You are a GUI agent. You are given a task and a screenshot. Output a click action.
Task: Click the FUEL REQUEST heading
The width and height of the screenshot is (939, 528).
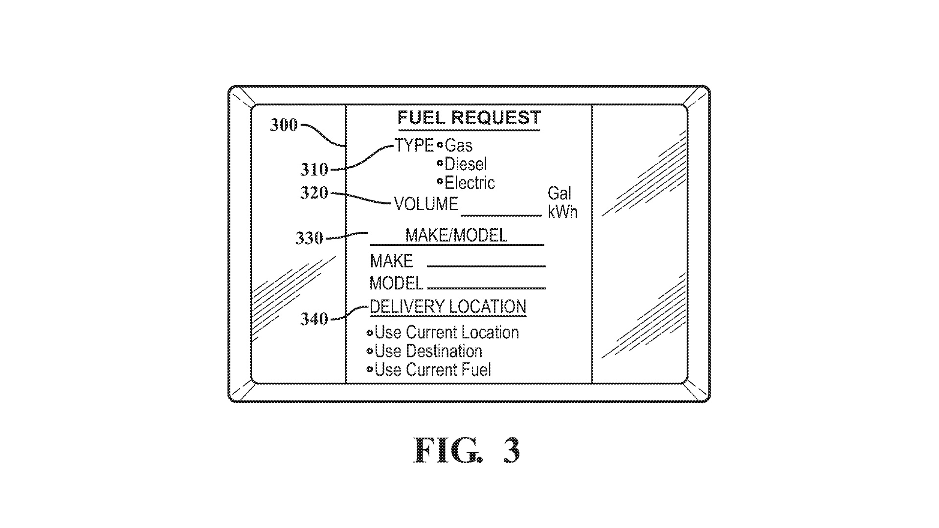point(469,118)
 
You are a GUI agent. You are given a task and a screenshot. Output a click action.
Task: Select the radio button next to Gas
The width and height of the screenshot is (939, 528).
point(440,145)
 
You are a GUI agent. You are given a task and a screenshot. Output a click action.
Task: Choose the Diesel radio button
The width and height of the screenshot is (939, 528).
point(440,163)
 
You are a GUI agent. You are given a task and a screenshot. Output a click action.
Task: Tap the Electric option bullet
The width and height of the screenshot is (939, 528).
point(440,182)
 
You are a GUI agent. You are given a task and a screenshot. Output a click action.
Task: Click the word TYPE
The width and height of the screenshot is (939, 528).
point(414,145)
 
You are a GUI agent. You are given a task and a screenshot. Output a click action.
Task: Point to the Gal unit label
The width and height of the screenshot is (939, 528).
point(559,194)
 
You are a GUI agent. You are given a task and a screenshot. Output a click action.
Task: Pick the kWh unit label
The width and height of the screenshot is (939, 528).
point(562,212)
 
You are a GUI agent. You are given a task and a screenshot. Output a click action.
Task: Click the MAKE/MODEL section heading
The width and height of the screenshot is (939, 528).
point(456,236)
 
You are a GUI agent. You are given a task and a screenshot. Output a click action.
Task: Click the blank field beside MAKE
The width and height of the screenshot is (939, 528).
point(486,263)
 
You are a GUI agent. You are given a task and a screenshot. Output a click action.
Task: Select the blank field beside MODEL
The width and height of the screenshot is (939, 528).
point(486,284)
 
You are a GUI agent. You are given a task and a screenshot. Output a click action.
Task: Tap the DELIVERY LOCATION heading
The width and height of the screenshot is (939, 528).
point(447,307)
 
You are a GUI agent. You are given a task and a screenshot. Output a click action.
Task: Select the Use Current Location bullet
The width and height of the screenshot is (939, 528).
point(370,333)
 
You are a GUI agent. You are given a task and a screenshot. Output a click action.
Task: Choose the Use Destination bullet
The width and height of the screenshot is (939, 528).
point(370,352)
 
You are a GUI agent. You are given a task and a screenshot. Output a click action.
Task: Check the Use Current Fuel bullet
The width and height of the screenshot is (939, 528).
point(370,370)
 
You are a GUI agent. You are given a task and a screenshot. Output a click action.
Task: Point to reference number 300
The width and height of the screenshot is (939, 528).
point(284,125)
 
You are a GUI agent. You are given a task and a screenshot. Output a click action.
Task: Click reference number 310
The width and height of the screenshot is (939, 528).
point(314,170)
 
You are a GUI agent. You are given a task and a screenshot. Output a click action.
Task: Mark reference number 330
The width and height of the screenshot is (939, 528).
point(309,238)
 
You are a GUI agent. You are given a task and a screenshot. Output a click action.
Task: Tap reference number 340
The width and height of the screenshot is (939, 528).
point(314,319)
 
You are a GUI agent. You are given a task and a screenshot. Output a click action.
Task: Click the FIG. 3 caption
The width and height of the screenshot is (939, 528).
point(467,450)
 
